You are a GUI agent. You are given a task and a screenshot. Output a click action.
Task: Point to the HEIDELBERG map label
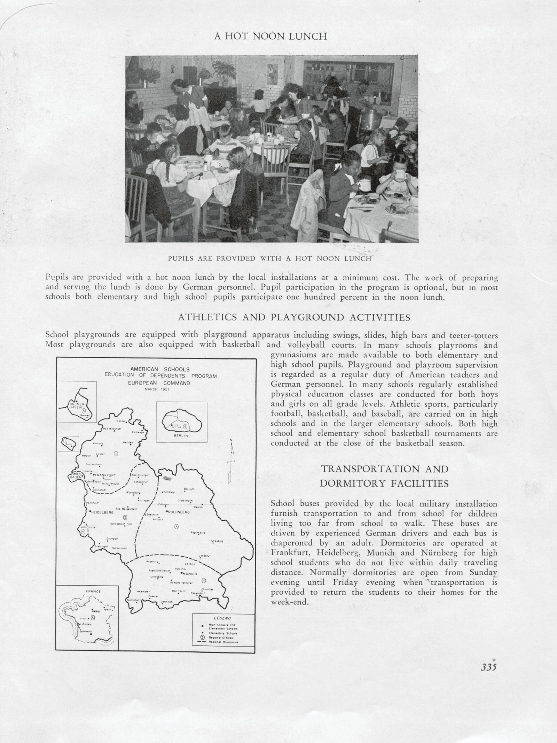pyautogui.click(x=102, y=513)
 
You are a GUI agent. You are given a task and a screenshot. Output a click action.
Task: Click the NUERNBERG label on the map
pyautogui.click(x=179, y=512)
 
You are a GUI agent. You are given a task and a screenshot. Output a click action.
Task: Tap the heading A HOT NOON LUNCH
pyautogui.click(x=270, y=37)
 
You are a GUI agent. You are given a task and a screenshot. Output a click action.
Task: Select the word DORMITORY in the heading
pyautogui.click(x=359, y=483)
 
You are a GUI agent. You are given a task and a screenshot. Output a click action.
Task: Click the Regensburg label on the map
pyautogui.click(x=198, y=533)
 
